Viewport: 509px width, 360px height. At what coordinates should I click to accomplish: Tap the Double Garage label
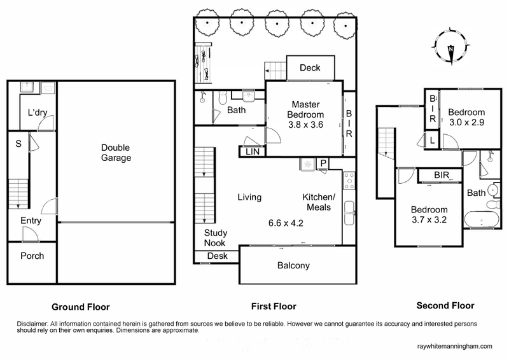tap(116, 153)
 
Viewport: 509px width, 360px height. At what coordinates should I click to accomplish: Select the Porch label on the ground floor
tap(31, 256)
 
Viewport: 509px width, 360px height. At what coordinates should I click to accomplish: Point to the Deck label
tap(310, 68)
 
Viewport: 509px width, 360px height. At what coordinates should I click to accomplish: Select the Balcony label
tap(293, 265)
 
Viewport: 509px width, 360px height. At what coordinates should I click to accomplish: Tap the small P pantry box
tap(323, 163)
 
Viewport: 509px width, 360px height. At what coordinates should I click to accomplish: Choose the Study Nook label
tap(216, 238)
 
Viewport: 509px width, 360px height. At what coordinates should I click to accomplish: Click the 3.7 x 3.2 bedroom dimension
tap(428, 221)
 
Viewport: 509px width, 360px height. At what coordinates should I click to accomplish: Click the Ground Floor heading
tap(81, 306)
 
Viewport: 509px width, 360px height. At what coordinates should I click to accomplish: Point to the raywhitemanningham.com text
tap(452, 347)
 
